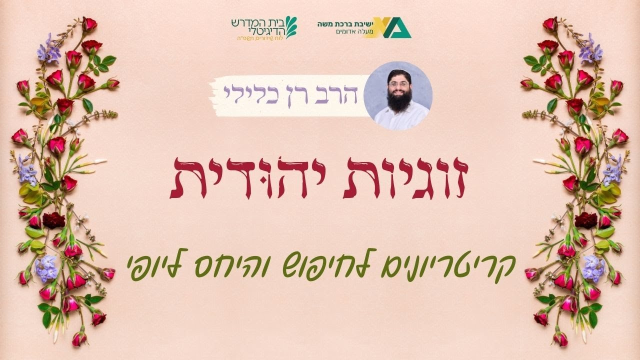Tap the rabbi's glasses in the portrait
pyautogui.click(x=398, y=84)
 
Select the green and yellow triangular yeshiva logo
pyautogui.click(x=393, y=28)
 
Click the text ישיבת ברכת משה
pyautogui.click(x=342, y=23)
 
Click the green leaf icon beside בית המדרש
pyautogui.click(x=290, y=26)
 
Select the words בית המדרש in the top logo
pyautogui.click(x=258, y=21)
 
